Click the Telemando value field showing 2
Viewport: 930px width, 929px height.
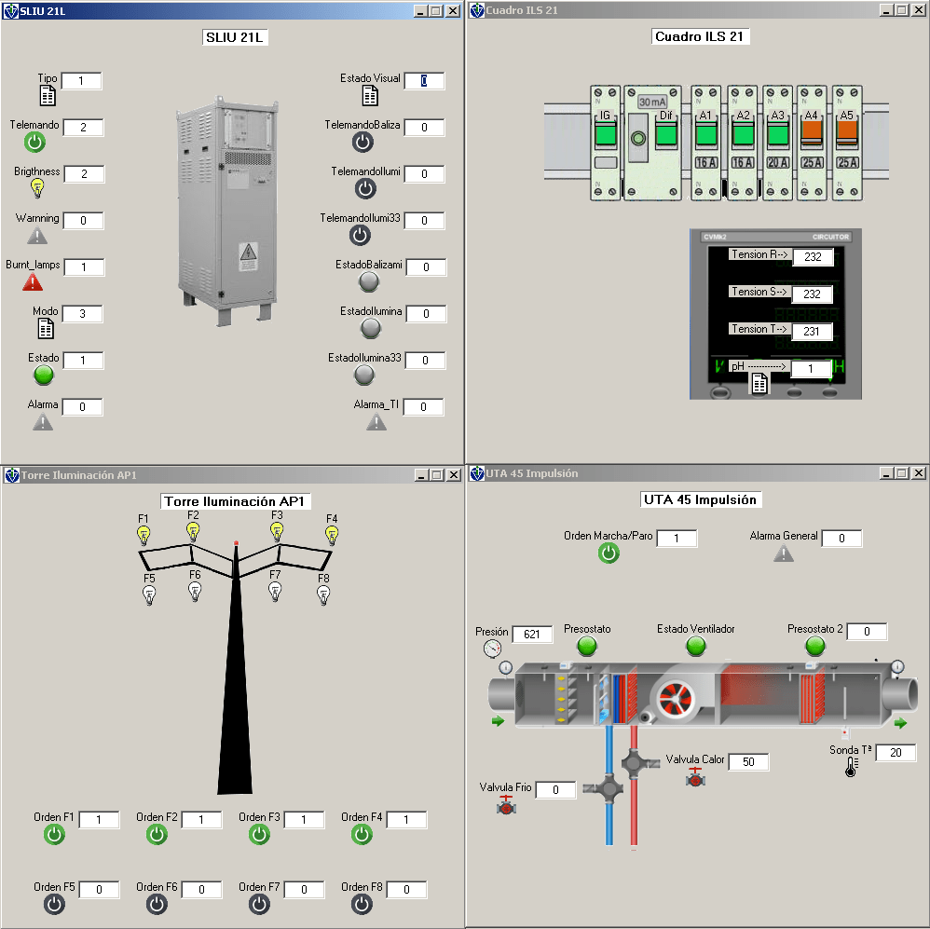(x=83, y=128)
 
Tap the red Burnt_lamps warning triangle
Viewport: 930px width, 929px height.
(x=33, y=282)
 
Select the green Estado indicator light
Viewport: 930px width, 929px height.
(x=44, y=375)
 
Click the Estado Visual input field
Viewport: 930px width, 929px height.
(x=424, y=81)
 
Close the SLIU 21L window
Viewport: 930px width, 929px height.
(x=453, y=10)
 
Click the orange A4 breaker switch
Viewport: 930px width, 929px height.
(x=812, y=133)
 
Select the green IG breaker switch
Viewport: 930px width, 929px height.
(x=605, y=133)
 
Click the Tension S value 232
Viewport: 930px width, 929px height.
(x=812, y=294)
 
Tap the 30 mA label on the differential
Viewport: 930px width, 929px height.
(x=651, y=102)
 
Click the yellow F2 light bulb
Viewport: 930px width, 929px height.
(x=193, y=531)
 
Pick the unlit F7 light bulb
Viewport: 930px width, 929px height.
(x=275, y=592)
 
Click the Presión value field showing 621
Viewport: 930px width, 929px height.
(x=532, y=635)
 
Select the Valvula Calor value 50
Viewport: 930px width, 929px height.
(x=748, y=761)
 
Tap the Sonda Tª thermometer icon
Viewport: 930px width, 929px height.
(x=852, y=767)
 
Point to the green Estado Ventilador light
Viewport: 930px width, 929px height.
(x=696, y=646)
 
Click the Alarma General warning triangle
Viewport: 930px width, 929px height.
(x=784, y=553)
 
